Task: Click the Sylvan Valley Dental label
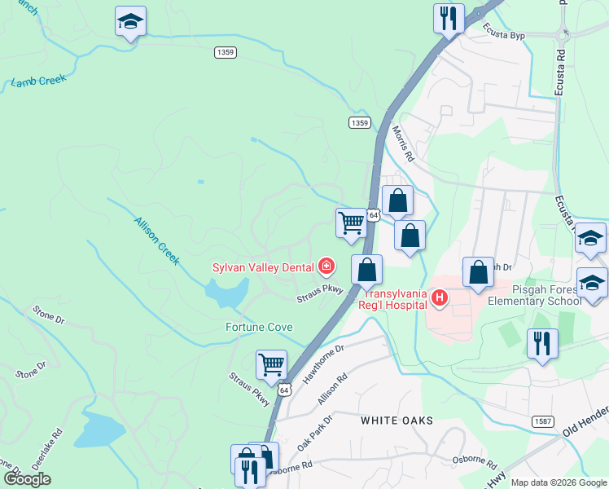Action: [264, 267]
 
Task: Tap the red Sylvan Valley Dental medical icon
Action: [326, 266]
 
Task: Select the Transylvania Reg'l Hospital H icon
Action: [440, 298]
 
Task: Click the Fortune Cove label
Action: [259, 327]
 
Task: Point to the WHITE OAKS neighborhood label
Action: [397, 421]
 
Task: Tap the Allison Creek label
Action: [156, 240]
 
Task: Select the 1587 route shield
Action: [544, 421]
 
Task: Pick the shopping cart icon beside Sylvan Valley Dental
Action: [351, 222]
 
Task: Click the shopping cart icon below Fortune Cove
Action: [271, 364]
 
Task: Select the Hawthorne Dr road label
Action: [324, 364]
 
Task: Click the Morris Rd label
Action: [403, 143]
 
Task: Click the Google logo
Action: [28, 479]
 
